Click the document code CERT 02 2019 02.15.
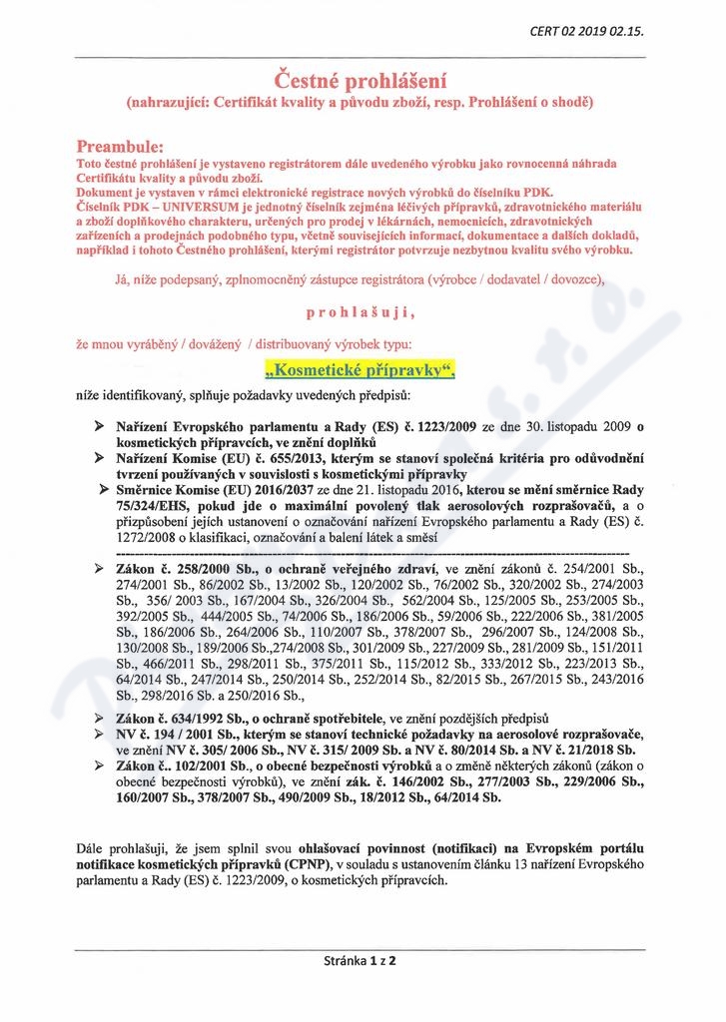coord(586,31)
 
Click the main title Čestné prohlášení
coord(362,78)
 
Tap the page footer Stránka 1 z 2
coord(361,963)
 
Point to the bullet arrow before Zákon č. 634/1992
coord(100,719)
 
